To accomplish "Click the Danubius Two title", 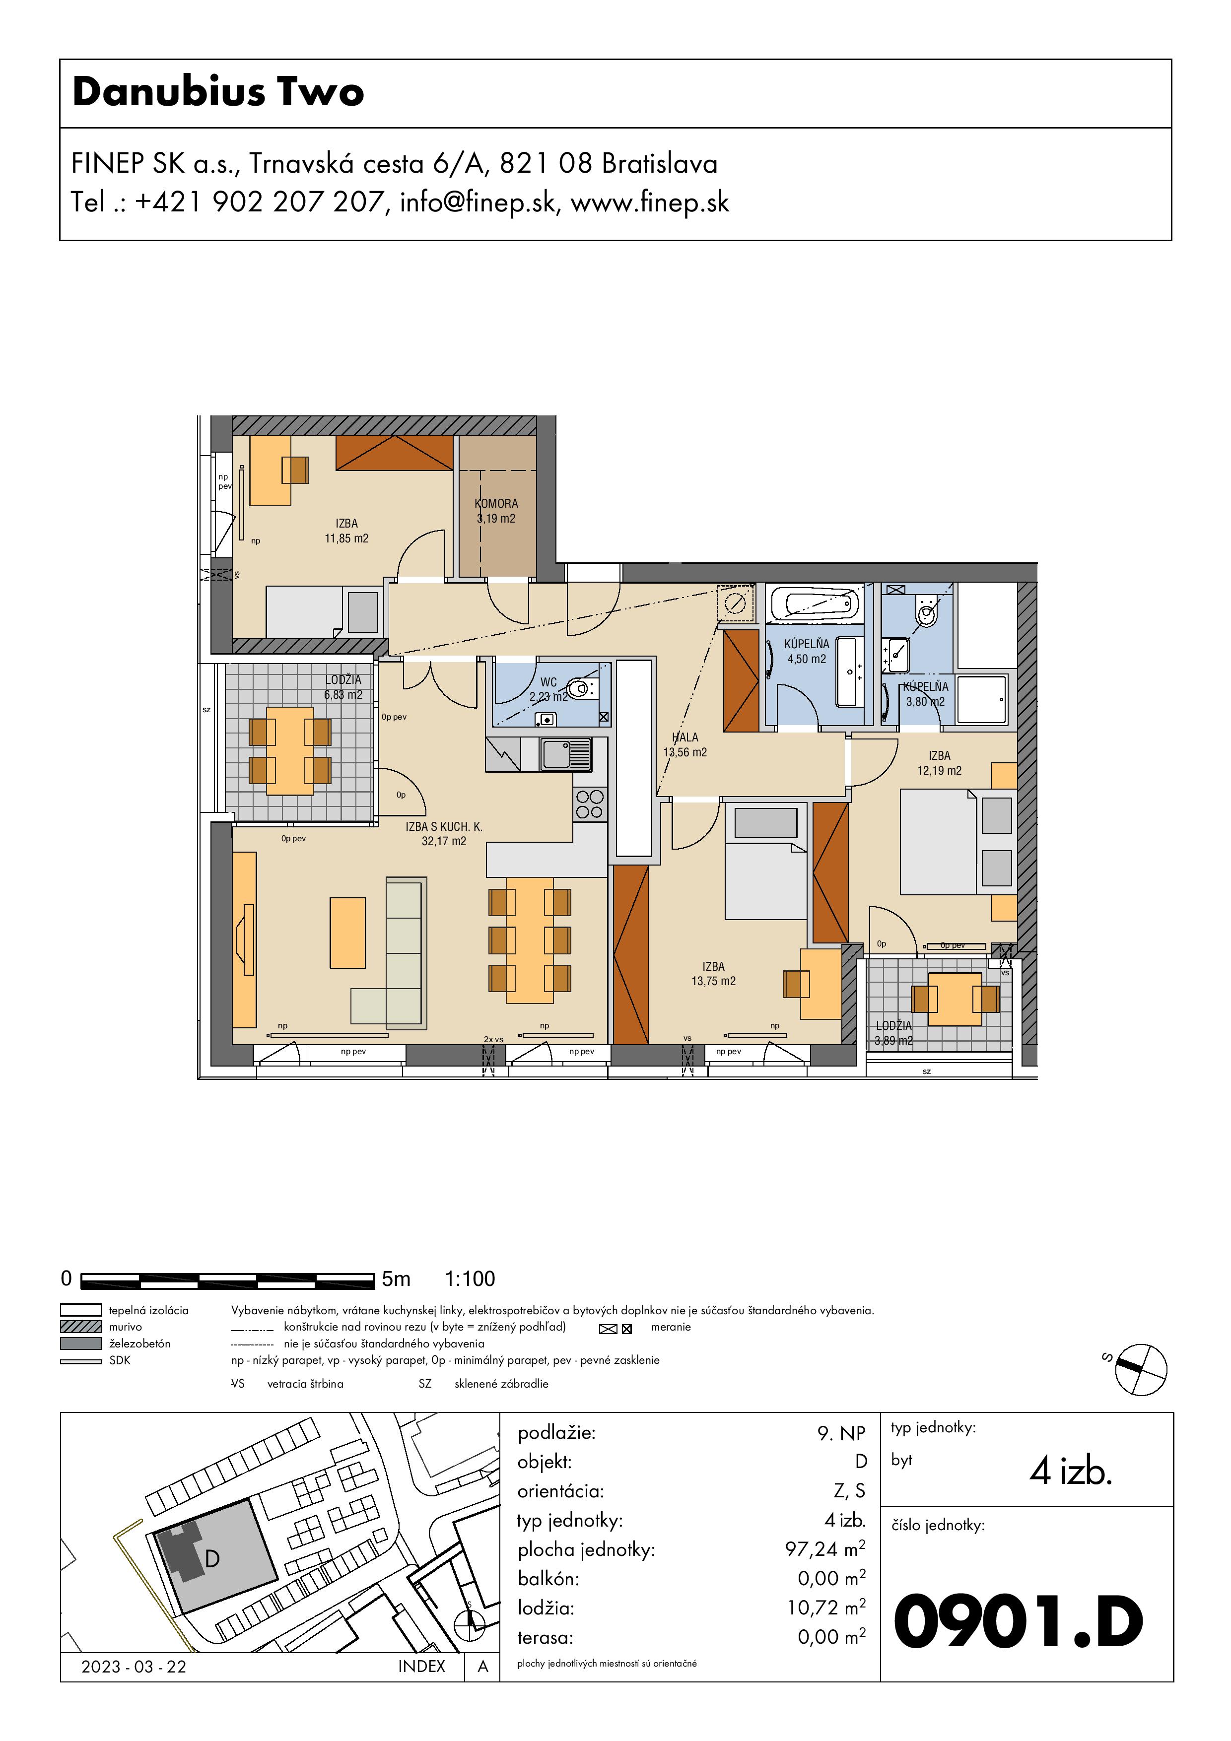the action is pos(218,92).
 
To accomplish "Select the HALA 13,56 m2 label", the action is pos(685,744).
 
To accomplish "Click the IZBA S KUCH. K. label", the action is pos(444,826).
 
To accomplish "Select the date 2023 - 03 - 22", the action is pos(134,1667).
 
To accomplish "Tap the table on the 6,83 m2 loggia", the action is pos(290,751).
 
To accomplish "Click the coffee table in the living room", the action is pos(347,933).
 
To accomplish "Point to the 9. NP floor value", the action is pos(841,1433).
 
